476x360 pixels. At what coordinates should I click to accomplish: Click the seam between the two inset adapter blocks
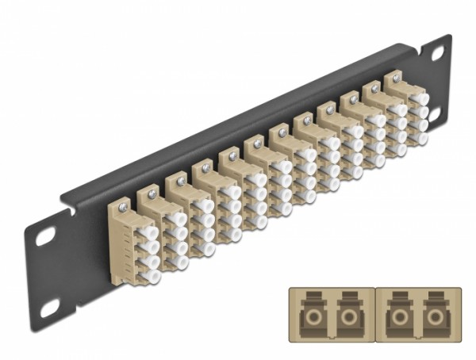pyautogui.click(x=374, y=316)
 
